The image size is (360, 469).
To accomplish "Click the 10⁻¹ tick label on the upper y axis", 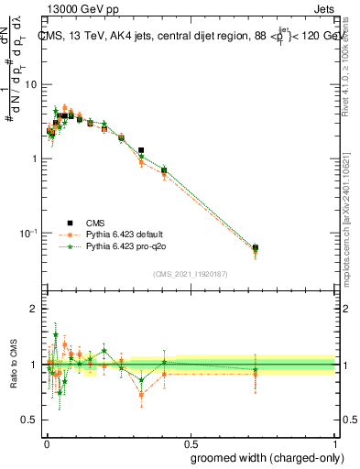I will (29, 233).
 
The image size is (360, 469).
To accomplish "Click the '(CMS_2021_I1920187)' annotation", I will (190, 273).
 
